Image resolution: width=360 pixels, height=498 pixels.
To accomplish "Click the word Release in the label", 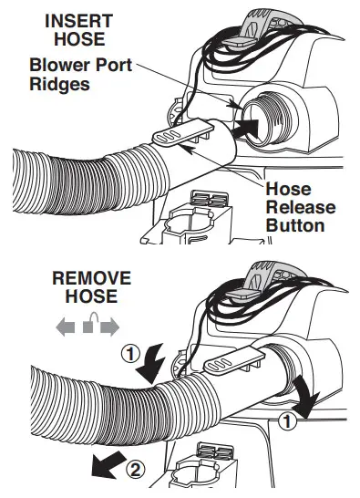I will [300, 208].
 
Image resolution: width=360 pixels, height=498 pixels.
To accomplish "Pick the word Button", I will [294, 225].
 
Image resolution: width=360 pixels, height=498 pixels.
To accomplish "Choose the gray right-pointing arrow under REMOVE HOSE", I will [109, 327].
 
